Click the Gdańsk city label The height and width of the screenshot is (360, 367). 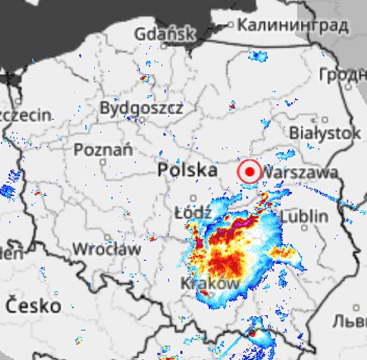pos(164,34)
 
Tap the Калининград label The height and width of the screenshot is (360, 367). pos(293,24)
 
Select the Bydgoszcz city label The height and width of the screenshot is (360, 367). pos(141,108)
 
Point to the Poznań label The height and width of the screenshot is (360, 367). pos(103,150)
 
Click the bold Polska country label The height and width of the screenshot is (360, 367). pos(187,170)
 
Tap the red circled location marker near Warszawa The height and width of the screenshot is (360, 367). pos(250,171)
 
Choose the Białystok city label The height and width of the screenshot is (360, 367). pos(325,133)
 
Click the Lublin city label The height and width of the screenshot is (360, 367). pos(304,215)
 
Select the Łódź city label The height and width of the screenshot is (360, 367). pos(193,212)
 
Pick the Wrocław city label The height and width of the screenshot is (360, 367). pos(106,249)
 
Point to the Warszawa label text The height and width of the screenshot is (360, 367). pos(301,172)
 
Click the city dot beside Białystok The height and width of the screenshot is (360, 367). pos(324,120)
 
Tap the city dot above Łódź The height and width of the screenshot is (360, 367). pos(193,198)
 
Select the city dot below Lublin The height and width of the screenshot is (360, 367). pos(304,227)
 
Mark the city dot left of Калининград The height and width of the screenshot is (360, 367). pos(231,24)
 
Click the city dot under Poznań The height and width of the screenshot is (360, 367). pos(103,162)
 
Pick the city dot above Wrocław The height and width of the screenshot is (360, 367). pos(107,237)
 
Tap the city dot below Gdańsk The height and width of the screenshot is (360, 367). pos(164,45)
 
